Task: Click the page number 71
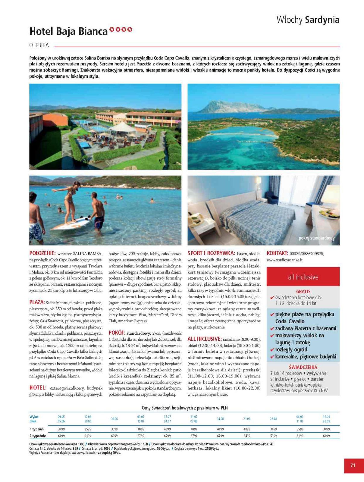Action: coord(353,465)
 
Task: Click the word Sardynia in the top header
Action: coord(322,20)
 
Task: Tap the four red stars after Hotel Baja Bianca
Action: coord(121,30)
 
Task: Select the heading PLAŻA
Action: coord(37,302)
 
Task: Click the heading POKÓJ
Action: coord(117,333)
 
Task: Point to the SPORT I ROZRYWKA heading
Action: coord(211,253)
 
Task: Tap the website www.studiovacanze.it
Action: coord(284,260)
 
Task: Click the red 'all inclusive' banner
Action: coord(303,277)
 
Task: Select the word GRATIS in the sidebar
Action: coord(303,291)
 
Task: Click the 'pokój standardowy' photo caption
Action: coord(316,238)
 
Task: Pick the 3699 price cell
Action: coord(114,429)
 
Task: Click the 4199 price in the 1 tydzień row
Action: coord(220,429)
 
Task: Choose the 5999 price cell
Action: coord(273,436)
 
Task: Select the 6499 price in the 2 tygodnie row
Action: coord(247,436)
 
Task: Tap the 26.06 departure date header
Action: coord(114,419)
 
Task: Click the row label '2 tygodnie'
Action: coord(38,436)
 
